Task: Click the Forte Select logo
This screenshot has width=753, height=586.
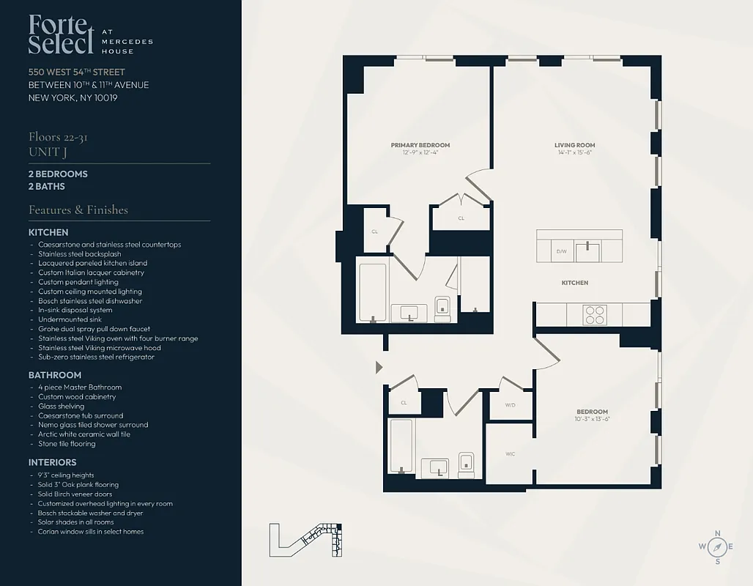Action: (62, 34)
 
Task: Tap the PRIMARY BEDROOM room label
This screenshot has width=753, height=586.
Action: (420, 145)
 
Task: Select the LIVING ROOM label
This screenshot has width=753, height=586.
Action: (574, 145)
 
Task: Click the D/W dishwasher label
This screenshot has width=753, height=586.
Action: (562, 251)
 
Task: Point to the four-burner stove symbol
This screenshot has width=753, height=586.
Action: (594, 314)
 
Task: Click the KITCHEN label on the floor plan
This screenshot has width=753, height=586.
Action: (574, 283)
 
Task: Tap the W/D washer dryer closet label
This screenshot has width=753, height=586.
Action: (511, 404)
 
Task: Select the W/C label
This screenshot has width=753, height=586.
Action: (510, 454)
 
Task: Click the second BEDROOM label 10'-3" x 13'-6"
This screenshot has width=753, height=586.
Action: (591, 412)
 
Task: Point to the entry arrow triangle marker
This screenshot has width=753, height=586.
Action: (379, 366)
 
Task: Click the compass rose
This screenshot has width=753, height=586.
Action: (717, 547)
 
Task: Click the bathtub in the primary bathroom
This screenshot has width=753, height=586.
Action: (372, 292)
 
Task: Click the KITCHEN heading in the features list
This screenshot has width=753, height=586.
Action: (48, 232)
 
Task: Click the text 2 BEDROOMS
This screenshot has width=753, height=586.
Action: (58, 174)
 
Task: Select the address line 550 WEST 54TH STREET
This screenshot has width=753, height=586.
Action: (77, 72)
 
